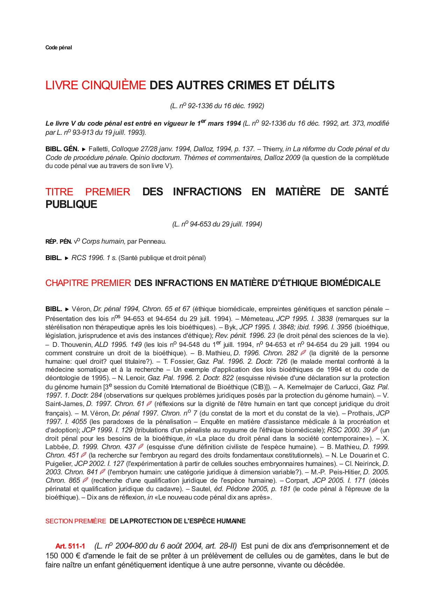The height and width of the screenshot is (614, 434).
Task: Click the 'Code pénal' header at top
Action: pyautogui.click(x=58, y=48)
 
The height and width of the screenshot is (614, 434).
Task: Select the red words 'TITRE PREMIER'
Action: pyautogui.click(x=88, y=192)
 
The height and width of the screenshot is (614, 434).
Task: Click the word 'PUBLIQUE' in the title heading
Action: pyautogui.click(x=71, y=204)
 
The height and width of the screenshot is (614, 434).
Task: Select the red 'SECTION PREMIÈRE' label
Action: pyautogui.click(x=76, y=521)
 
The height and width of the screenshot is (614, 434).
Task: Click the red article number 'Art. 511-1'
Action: pyautogui.click(x=70, y=546)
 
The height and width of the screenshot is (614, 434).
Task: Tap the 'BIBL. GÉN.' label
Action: pyautogui.click(x=62, y=149)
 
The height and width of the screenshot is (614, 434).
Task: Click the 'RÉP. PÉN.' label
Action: pyautogui.click(x=59, y=242)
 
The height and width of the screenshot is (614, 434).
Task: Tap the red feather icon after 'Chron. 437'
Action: pyautogui.click(x=141, y=447)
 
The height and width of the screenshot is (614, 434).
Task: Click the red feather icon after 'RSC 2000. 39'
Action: pyautogui.click(x=375, y=430)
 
